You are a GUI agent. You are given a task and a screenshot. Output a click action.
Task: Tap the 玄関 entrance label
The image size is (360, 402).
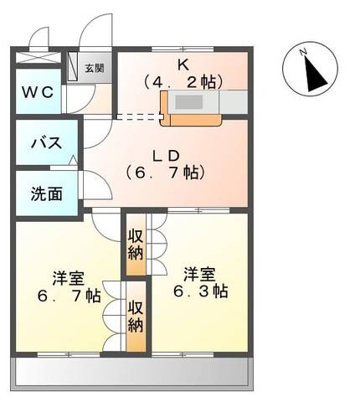point(94,68)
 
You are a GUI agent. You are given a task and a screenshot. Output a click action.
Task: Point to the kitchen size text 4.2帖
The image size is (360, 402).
point(183,82)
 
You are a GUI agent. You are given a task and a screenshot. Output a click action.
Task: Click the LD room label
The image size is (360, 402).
point(166,155)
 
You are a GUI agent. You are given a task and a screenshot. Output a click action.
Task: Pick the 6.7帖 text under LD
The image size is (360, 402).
point(166,173)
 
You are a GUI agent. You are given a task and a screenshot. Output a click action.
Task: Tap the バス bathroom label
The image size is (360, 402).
point(46,143)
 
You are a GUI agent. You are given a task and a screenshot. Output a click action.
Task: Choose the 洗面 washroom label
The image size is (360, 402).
point(46,193)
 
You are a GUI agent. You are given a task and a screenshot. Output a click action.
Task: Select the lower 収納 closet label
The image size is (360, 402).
point(136,317)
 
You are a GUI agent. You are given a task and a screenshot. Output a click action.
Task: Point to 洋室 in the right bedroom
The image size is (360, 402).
point(200,273)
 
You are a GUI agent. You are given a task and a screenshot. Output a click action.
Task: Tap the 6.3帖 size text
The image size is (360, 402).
point(200,291)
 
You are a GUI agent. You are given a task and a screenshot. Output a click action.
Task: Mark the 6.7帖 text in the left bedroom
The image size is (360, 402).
point(69,296)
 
